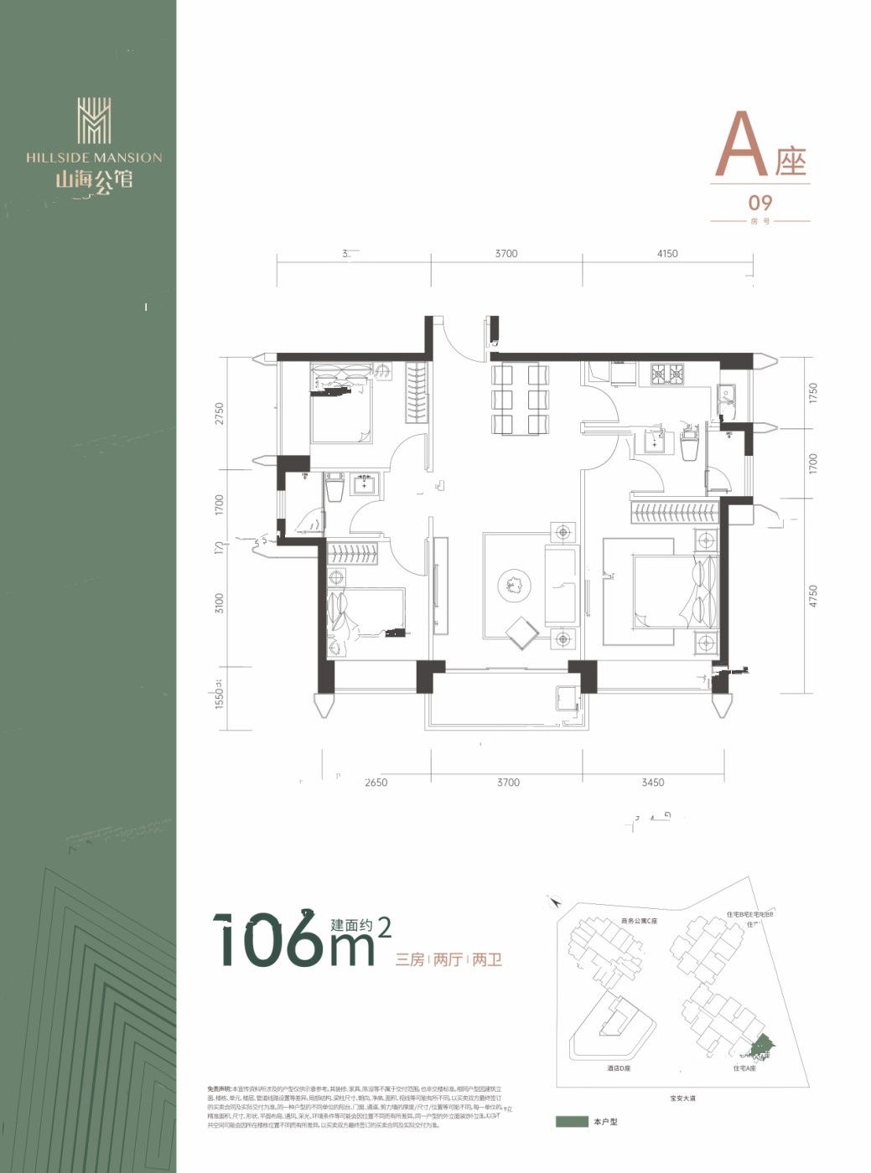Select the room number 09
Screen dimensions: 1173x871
click(760, 202)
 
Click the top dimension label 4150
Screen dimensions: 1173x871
click(667, 253)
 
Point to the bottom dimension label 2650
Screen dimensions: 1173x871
click(376, 783)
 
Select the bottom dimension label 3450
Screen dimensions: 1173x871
click(652, 783)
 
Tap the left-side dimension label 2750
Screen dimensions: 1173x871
click(220, 415)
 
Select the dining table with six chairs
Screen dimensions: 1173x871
click(520, 400)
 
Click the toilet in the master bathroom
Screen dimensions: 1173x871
click(691, 442)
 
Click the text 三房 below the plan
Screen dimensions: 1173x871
click(410, 960)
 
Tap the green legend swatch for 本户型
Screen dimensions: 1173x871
click(571, 1121)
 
